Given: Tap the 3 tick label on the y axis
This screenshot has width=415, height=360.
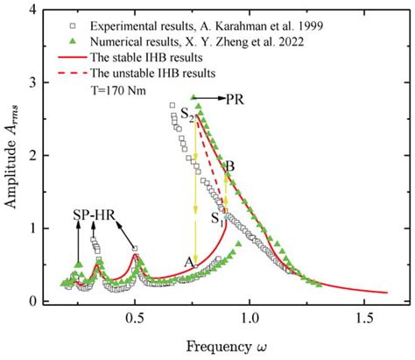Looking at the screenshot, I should coord(32,83).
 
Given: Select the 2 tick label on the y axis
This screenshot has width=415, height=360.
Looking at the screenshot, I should coord(32,156).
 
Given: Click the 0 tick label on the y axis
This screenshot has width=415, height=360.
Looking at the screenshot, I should coord(32,302).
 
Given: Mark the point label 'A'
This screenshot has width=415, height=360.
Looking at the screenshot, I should coord(186,261).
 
